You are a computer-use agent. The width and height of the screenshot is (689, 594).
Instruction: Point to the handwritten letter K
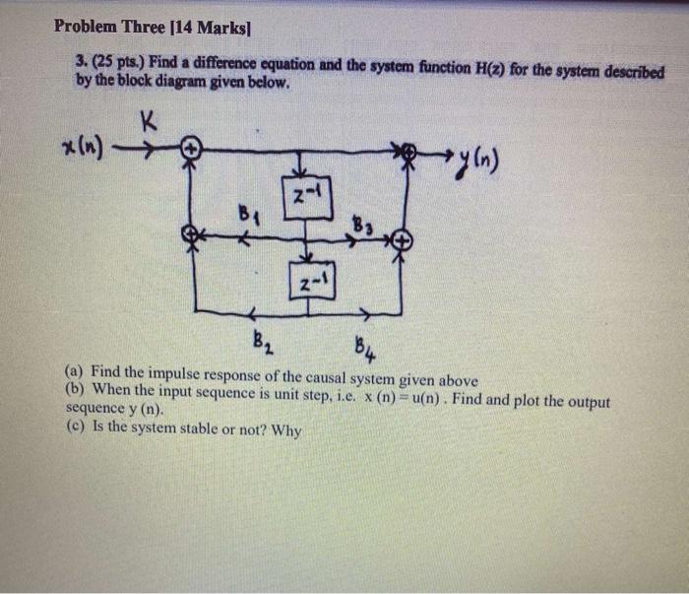tap(149, 121)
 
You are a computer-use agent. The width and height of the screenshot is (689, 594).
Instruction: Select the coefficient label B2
tap(260, 344)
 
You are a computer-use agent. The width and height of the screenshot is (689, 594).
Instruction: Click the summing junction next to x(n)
tap(194, 150)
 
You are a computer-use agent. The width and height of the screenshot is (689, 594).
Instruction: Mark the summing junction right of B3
tap(400, 239)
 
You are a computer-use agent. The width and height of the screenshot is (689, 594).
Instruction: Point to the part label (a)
tap(74, 371)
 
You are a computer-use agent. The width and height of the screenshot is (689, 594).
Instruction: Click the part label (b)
tap(75, 388)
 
